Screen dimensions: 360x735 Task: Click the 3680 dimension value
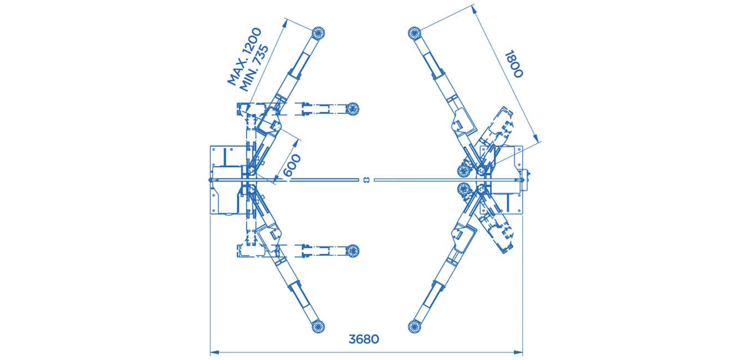tap(364, 339)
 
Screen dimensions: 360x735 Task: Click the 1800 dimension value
tap(513, 64)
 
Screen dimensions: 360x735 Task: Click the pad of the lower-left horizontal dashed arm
tap(353, 250)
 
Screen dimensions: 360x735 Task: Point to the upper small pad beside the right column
tap(465, 170)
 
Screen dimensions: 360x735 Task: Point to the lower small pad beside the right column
tap(465, 189)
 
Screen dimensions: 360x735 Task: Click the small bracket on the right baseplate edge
tap(527, 176)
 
